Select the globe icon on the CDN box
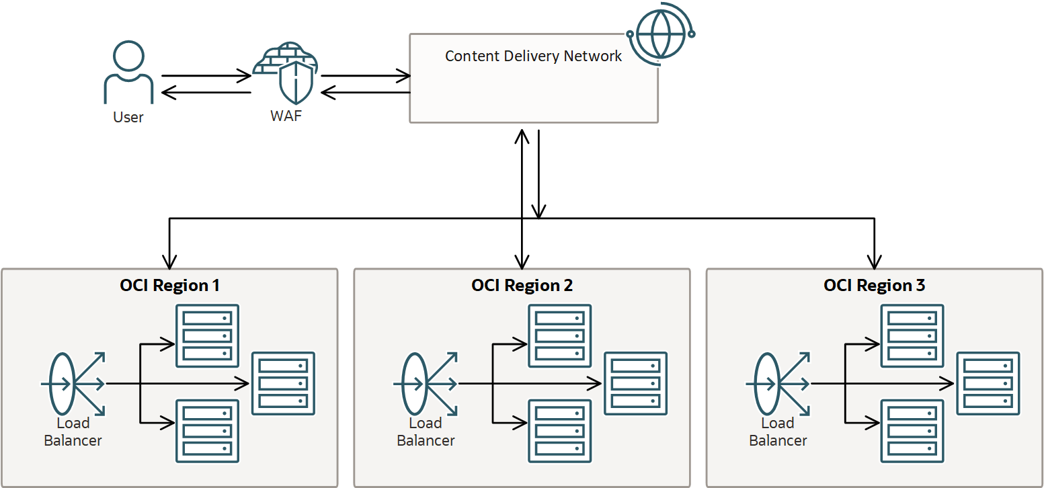pyautogui.click(x=659, y=33)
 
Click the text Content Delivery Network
pyautogui.click(x=533, y=56)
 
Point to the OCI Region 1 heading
pyautogui.click(x=169, y=285)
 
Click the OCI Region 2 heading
pyautogui.click(x=522, y=285)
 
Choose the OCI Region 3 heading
pyautogui.click(x=874, y=285)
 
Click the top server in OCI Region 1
pyautogui.click(x=207, y=335)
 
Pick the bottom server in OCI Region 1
pyautogui.click(x=207, y=431)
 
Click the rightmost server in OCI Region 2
pyautogui.click(x=635, y=383)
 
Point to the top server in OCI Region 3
pyautogui.click(x=912, y=335)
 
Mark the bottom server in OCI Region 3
pyautogui.click(x=912, y=431)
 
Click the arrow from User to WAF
pyautogui.click(x=205, y=76)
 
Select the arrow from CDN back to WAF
pyautogui.click(x=365, y=92)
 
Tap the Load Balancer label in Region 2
pyautogui.click(x=426, y=432)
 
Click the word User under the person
pyautogui.click(x=128, y=117)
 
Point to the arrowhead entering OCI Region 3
pyautogui.click(x=875, y=261)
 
